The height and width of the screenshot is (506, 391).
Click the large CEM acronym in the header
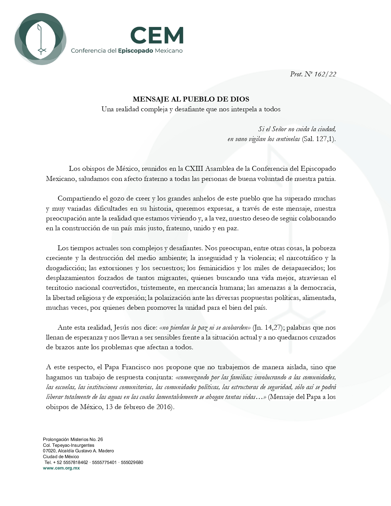[x=157, y=35]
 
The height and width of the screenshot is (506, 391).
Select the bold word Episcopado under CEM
[x=135, y=51]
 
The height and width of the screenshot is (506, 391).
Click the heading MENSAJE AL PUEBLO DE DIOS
[x=191, y=99]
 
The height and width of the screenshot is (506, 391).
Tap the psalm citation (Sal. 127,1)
[x=319, y=139]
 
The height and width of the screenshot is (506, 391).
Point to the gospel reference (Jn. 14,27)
[x=267, y=328]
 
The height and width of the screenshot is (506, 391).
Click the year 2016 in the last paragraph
[x=165, y=407]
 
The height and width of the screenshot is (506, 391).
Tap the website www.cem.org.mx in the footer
[x=61, y=468]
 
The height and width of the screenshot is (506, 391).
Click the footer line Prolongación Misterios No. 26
[x=73, y=439]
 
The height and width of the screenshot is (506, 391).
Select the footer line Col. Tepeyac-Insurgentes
[x=68, y=445]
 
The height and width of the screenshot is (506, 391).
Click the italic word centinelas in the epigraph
[x=288, y=139]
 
